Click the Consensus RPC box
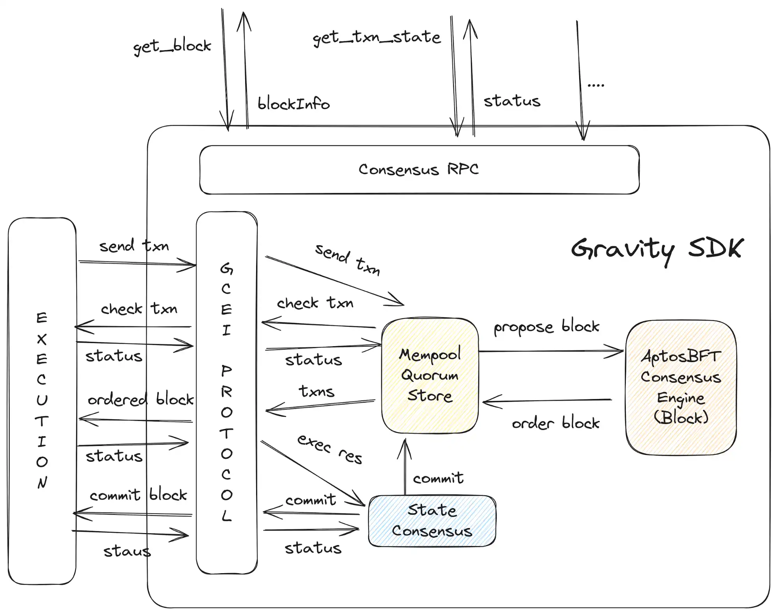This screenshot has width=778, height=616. click(x=419, y=170)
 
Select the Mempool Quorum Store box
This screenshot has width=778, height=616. click(x=430, y=375)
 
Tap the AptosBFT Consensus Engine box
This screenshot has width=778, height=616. click(x=681, y=387)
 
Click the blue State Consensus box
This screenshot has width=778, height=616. click(x=432, y=521)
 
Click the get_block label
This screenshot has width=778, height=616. click(x=172, y=47)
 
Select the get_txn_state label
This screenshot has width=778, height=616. click(x=377, y=38)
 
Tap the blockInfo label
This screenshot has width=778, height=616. click(x=293, y=104)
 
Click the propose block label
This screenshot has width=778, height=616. click(x=546, y=327)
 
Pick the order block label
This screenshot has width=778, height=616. click(x=555, y=423)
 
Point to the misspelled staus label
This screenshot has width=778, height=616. click(x=127, y=551)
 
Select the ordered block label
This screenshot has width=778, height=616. click(x=140, y=400)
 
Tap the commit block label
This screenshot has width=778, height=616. click(x=138, y=495)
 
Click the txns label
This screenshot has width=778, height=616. click(x=316, y=391)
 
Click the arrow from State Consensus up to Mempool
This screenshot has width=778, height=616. click(x=405, y=467)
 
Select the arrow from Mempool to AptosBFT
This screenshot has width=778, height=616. click(x=551, y=351)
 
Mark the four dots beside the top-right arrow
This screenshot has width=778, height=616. click(x=595, y=85)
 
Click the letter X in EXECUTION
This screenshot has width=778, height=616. click(x=42, y=340)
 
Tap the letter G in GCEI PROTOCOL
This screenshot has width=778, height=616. click(x=227, y=268)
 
